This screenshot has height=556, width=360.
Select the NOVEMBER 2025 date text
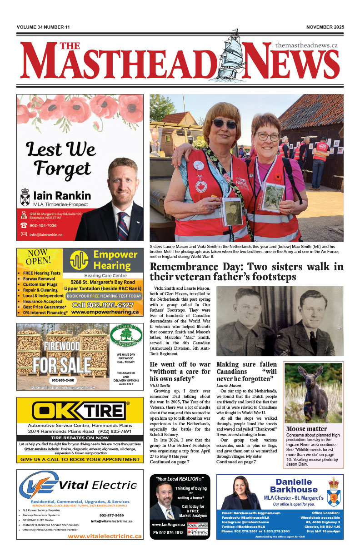325,27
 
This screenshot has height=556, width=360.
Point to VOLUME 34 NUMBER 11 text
43,27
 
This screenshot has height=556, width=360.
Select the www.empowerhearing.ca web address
105,312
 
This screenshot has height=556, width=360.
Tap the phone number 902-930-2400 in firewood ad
63,380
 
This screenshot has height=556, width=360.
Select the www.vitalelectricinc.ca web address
104,536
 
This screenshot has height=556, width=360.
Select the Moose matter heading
306,429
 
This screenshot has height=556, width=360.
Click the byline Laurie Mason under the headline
229,386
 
